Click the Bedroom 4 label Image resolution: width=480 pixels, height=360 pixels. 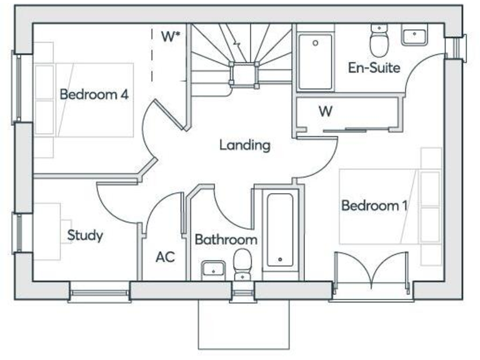tap(94, 95)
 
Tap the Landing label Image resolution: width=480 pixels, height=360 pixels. tap(244, 145)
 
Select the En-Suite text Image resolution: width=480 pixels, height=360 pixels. tap(374, 68)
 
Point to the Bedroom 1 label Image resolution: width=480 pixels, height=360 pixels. tap(370, 205)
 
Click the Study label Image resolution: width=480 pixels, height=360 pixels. tap(85, 236)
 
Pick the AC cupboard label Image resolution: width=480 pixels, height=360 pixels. tap(165, 257)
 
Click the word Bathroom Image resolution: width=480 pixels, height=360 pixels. tap(226, 239)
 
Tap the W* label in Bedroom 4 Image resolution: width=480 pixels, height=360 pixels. tap(171, 36)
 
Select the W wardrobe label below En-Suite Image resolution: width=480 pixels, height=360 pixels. tap(325, 112)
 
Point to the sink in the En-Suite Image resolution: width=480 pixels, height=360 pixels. tap(414, 36)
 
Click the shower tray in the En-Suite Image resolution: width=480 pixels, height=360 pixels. tap(315, 62)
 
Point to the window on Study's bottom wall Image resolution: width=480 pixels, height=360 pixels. tap(99, 291)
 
